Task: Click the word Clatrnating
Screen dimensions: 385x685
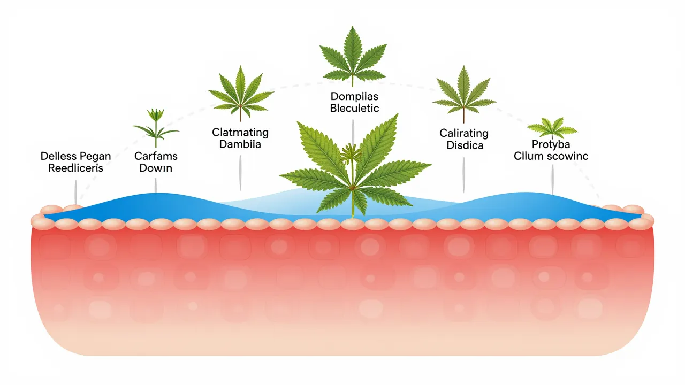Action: [x=240, y=133]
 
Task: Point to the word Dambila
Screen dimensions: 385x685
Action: [x=240, y=144]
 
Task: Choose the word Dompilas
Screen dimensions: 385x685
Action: [x=354, y=97]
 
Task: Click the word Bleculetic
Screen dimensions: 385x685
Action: [x=354, y=109]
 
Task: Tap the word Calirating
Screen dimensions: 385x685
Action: [x=464, y=133]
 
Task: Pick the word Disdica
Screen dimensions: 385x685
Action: [x=464, y=144]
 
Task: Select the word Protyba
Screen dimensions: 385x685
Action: [x=551, y=145]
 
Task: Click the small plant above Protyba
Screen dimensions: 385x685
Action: [x=552, y=128]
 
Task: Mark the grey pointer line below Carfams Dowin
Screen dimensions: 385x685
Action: [x=155, y=185]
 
